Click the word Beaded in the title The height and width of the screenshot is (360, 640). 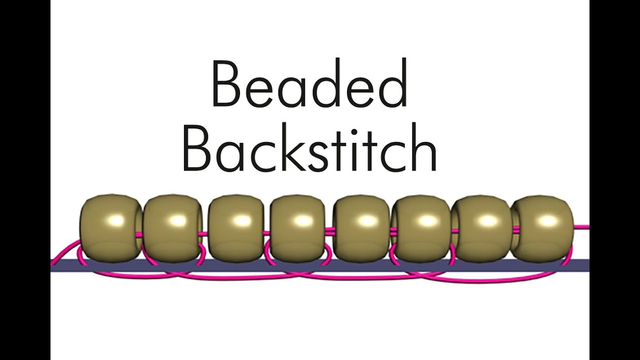[309, 82]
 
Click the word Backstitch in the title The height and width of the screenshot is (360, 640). [309, 148]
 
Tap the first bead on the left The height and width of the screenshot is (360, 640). [110, 228]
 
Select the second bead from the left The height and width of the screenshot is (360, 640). [173, 228]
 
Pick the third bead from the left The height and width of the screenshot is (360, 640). [236, 228]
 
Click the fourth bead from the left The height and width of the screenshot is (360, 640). [298, 228]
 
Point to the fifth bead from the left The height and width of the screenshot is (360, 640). [361, 228]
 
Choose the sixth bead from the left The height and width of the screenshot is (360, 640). [422, 228]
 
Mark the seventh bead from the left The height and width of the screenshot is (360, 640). [483, 228]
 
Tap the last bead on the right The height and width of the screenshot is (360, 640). [543, 228]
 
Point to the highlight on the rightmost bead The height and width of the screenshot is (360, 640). [547, 220]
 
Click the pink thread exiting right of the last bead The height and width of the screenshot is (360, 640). [581, 227]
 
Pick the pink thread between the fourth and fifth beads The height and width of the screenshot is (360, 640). [330, 230]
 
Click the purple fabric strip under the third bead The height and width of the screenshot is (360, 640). [236, 265]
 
